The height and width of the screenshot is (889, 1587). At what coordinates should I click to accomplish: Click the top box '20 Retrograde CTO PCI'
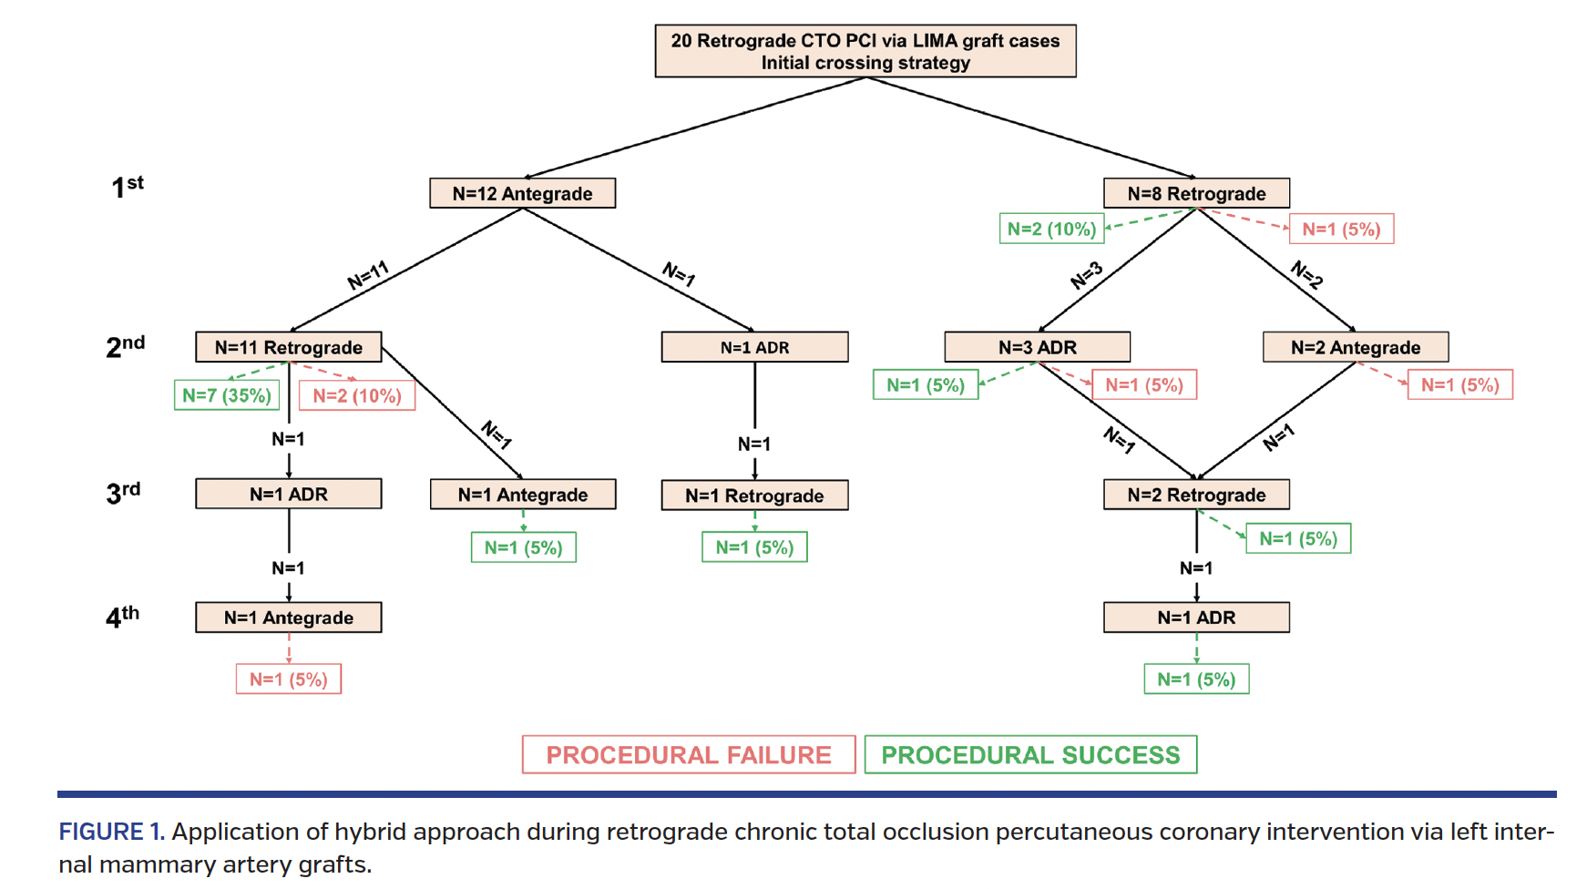click(865, 51)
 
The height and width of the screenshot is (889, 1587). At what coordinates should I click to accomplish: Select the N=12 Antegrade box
click(522, 193)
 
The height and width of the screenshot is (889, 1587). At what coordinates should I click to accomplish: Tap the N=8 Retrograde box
click(1195, 193)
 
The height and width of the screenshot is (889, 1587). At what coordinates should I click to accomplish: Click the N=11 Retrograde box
click(288, 347)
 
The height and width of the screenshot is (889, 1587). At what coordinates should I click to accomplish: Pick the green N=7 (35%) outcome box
click(226, 395)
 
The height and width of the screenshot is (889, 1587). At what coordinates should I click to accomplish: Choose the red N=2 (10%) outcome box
click(356, 395)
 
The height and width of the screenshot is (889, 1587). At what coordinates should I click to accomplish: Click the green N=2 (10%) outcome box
click(1050, 229)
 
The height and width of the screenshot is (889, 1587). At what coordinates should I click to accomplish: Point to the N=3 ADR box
click(1037, 347)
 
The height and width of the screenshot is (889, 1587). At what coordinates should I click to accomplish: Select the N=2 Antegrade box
click(1355, 347)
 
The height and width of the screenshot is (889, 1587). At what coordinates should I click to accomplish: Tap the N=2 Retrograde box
click(1195, 495)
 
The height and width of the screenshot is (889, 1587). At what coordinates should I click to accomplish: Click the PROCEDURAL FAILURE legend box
click(688, 755)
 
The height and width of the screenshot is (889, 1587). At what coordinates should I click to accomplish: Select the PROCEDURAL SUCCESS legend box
click(1029, 755)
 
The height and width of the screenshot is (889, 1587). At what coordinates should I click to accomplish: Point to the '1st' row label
click(127, 187)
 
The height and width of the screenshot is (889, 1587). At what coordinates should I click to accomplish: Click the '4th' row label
click(122, 617)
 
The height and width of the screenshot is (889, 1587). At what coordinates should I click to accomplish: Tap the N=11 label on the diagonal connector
click(368, 274)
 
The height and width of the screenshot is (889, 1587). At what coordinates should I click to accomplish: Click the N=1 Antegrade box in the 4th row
click(288, 618)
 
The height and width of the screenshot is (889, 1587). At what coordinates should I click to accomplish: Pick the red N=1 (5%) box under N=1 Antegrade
click(288, 680)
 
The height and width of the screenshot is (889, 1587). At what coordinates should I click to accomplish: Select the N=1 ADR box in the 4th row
click(1195, 618)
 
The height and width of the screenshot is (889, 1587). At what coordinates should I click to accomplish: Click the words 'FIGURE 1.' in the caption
click(111, 832)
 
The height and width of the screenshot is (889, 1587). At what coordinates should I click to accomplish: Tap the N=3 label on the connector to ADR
click(1087, 275)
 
